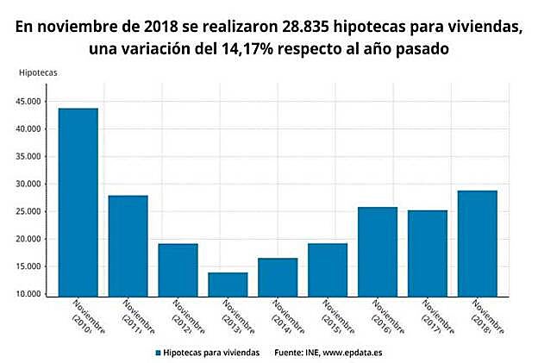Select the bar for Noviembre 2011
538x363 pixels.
coord(128,245)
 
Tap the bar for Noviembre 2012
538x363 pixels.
coord(178,268)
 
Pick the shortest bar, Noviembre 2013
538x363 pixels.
coord(228,283)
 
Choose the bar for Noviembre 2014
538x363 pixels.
coord(278,276)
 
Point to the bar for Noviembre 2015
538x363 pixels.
coord(328,268)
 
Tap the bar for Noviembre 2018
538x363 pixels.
coord(478,242)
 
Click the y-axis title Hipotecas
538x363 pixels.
coord(38,72)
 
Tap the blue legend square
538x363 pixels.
coord(158,353)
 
